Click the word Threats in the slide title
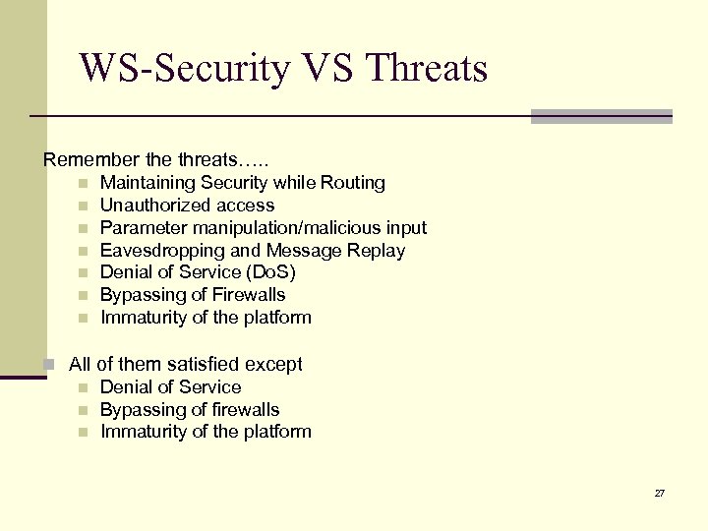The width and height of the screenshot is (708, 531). point(426,68)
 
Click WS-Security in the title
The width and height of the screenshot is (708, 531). point(185,68)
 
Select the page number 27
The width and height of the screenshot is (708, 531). point(659,492)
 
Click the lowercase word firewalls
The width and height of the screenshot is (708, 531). point(244,409)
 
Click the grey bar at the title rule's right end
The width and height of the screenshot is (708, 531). point(601,116)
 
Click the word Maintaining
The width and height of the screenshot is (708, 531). point(147,182)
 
